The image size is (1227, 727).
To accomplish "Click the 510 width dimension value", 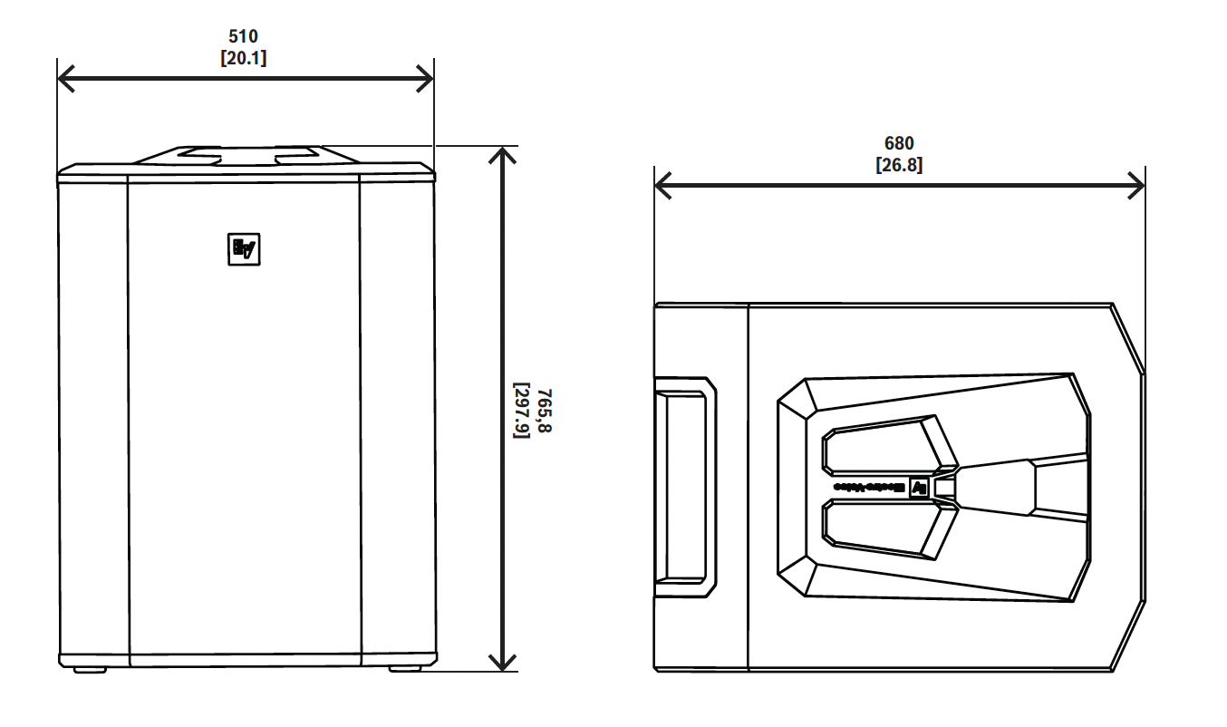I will click(x=244, y=37).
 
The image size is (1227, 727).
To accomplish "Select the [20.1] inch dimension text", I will click(x=244, y=57).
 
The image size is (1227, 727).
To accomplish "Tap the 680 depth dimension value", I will click(x=899, y=143).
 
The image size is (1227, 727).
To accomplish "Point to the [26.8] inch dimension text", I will click(x=899, y=165).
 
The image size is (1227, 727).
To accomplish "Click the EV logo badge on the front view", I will click(x=244, y=248).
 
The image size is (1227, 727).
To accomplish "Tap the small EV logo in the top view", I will click(x=919, y=487).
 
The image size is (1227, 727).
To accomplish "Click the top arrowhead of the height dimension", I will click(x=502, y=155).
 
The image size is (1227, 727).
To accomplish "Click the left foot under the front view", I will click(x=89, y=669).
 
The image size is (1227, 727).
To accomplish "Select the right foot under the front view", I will click(x=405, y=669).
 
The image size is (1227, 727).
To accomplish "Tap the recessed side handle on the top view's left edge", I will click(x=685, y=487).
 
